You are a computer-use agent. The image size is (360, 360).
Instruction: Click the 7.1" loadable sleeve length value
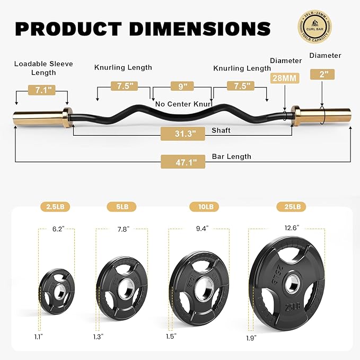(42, 90)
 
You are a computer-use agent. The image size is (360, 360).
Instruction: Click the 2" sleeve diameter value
(323, 75)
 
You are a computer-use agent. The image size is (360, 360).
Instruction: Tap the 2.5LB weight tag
(56, 206)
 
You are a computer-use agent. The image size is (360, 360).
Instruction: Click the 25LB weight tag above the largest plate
(291, 206)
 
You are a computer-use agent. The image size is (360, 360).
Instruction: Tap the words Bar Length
(232, 156)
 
